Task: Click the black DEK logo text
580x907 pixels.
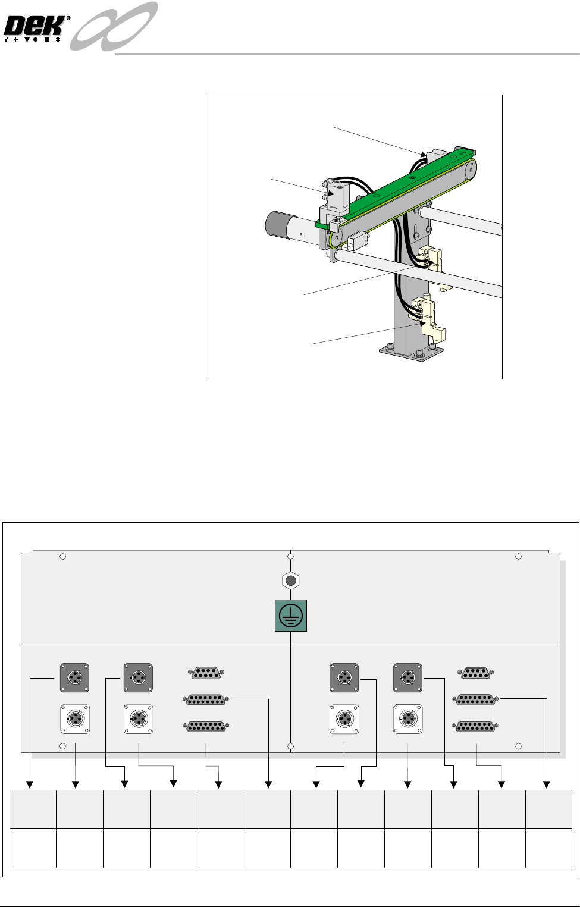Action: pos(36,27)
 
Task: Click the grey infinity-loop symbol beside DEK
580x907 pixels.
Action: pos(114,26)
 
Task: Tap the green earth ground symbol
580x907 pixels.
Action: pos(291,616)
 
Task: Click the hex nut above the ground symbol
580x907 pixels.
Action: pos(291,580)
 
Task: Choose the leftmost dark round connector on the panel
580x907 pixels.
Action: pos(74,678)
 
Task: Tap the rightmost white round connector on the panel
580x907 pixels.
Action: pos(408,719)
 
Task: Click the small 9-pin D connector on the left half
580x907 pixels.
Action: pos(206,673)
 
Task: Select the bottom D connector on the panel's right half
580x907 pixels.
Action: pos(475,726)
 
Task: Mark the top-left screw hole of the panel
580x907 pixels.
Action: pos(63,557)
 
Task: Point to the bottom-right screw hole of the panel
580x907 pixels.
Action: pos(519,746)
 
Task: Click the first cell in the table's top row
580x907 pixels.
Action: pos(33,809)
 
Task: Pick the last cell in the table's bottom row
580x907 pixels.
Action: pos(549,848)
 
